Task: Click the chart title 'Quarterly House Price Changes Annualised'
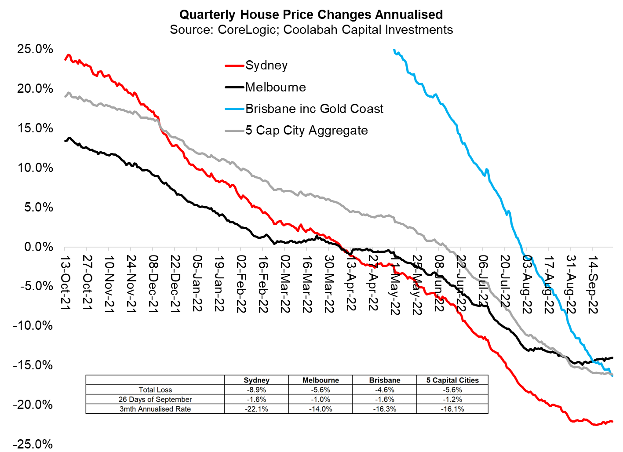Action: coord(311,15)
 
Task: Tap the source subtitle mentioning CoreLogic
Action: coord(311,30)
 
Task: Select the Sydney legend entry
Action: coord(266,66)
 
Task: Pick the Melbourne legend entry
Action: coord(275,87)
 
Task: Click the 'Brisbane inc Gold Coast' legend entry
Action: coord(314,109)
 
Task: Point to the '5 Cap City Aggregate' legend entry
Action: coord(306,130)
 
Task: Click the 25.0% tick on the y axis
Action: coord(35,49)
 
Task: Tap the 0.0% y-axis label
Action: coord(39,247)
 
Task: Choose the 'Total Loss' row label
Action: coord(155,390)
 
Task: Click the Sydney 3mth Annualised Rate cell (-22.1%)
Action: coord(256,409)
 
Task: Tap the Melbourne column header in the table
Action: coord(321,380)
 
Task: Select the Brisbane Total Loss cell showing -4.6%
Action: coord(385,390)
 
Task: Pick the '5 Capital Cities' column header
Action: coord(452,380)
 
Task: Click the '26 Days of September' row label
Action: coord(155,399)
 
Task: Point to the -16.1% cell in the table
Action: coord(452,409)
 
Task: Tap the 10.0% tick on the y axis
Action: coord(35,168)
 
